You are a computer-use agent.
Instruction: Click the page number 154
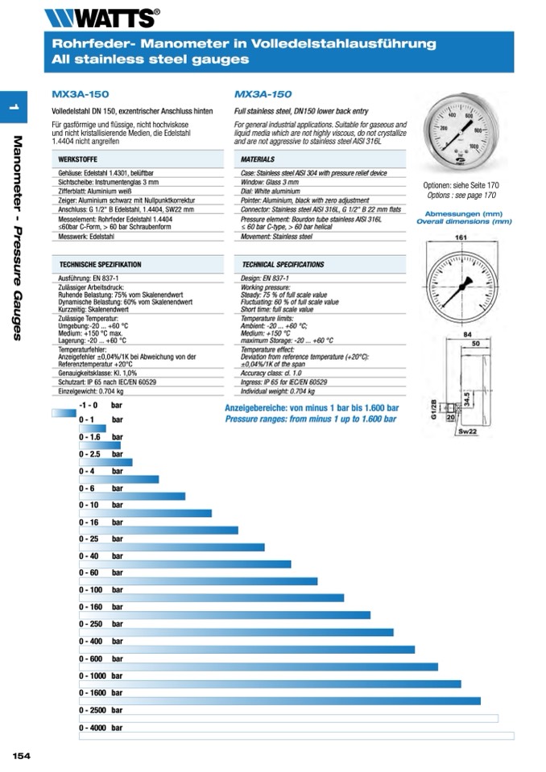21,755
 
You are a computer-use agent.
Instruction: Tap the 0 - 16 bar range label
101,522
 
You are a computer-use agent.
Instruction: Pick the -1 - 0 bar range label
101,405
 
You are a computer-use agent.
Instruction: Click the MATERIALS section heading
258,160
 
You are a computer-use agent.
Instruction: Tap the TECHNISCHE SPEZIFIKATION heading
101,264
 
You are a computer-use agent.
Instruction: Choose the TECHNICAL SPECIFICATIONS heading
283,264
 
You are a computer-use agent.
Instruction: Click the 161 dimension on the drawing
461,237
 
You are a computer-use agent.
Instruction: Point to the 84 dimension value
467,334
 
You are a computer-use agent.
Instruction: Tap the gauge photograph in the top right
460,133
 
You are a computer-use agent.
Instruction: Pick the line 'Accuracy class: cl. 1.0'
272,373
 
